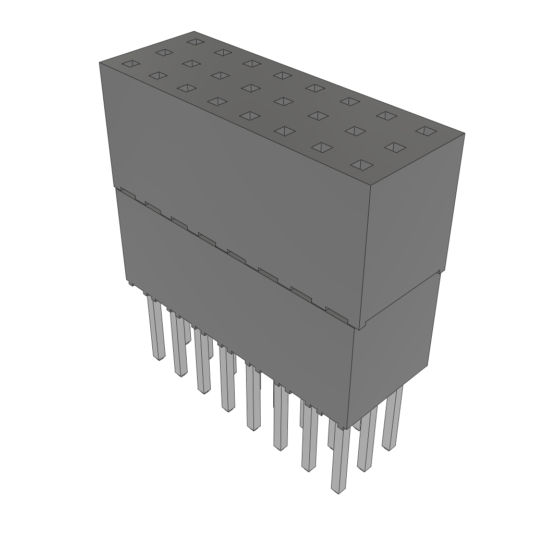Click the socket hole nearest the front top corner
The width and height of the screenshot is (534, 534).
click(x=362, y=165)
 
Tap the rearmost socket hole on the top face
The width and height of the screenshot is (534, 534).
click(x=195, y=41)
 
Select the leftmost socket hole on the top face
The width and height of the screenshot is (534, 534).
click(x=131, y=64)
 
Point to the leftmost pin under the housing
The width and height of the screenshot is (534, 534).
click(x=157, y=329)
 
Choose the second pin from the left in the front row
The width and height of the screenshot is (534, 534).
click(x=179, y=344)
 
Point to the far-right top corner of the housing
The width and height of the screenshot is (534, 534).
click(x=464, y=133)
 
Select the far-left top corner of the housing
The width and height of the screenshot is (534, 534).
click(x=100, y=62)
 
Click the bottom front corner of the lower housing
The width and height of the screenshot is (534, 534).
click(x=348, y=427)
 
